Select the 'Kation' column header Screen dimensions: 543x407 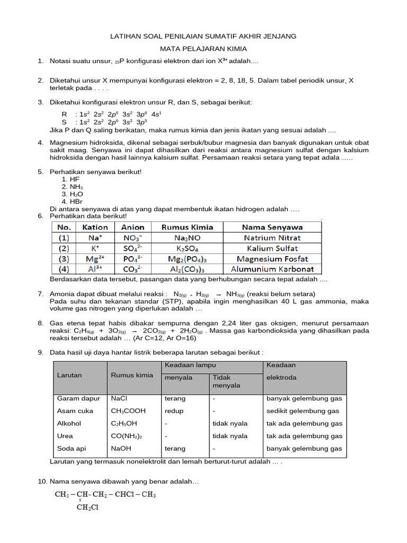pyautogui.click(x=95, y=227)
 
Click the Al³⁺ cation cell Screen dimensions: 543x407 pyautogui.click(x=95, y=269)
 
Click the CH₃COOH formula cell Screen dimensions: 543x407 pyautogui.click(x=128, y=411)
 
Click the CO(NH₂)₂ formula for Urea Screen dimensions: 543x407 pyautogui.click(x=127, y=436)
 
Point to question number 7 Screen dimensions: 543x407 pyautogui.click(x=40, y=294)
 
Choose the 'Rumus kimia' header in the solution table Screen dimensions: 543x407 pyautogui.click(x=132, y=375)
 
